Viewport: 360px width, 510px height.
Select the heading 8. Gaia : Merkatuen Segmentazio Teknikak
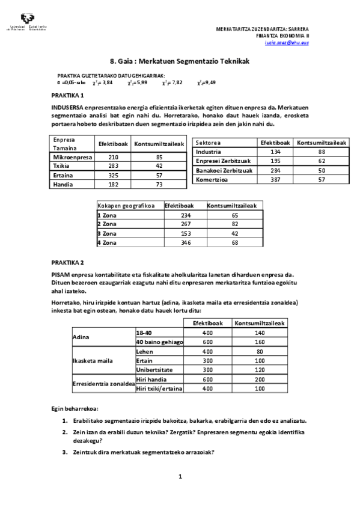[x=180, y=61]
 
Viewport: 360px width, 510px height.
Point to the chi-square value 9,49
[x=206, y=82]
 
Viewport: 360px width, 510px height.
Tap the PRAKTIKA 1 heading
[x=67, y=96]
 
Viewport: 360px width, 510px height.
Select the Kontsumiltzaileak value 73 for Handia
[x=159, y=185]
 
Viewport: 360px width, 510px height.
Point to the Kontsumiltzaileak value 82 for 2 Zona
[x=235, y=223]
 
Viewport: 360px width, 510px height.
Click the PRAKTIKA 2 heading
[x=67, y=263]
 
